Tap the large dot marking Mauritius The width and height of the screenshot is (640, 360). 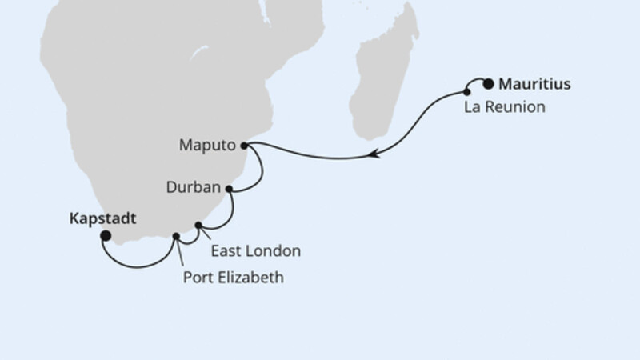point(487,82)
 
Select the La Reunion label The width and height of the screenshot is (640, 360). point(504,106)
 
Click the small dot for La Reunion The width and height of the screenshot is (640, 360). point(467,92)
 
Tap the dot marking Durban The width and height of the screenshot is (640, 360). point(230,190)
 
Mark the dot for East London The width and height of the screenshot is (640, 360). point(199,226)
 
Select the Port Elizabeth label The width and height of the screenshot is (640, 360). point(233,278)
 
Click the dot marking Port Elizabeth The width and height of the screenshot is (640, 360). point(176,236)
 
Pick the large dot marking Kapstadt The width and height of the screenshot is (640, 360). point(104,235)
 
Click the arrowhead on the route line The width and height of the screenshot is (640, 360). point(374,157)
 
